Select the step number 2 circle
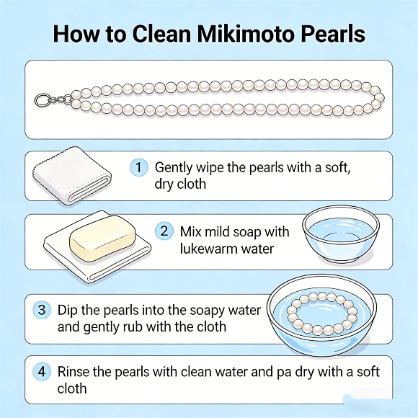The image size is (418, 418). point(164,231)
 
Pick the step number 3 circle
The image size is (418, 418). point(42,310)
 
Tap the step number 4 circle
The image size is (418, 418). point(43,373)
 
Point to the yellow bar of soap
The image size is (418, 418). point(101,239)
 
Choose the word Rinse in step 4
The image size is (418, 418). point(75,373)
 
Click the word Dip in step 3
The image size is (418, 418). point(70,309)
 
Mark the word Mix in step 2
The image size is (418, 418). point(191,231)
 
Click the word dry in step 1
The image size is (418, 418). point(166,184)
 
